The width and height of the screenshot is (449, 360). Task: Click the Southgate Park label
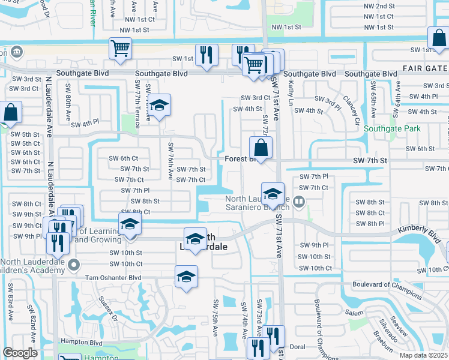point(393,128)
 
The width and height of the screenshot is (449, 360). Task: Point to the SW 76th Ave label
point(170,162)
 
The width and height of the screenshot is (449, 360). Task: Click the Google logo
point(20,353)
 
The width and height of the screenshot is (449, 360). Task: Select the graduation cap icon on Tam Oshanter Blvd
point(186,277)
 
